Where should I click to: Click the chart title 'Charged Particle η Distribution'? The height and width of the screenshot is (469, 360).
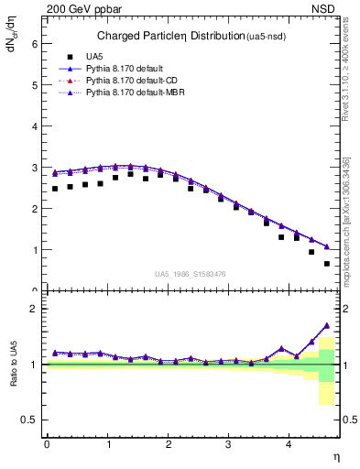pos(170,37)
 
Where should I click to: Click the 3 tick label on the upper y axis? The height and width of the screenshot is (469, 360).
pos(35,167)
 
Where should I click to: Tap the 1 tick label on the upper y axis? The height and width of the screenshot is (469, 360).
pos(35,249)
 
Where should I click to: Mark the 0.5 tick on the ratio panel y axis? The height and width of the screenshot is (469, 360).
pos(31,420)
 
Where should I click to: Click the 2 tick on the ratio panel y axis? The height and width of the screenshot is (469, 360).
pos(35,309)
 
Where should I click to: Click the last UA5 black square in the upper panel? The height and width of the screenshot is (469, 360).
pos(327,264)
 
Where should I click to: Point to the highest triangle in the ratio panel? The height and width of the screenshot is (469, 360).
pos(327,325)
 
